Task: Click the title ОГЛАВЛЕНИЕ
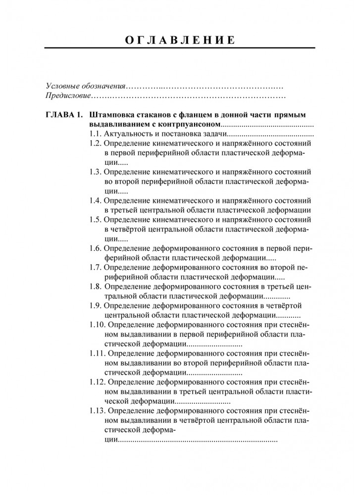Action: click(x=180, y=40)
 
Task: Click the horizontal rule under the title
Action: click(x=180, y=48)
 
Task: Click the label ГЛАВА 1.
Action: click(x=63, y=114)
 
